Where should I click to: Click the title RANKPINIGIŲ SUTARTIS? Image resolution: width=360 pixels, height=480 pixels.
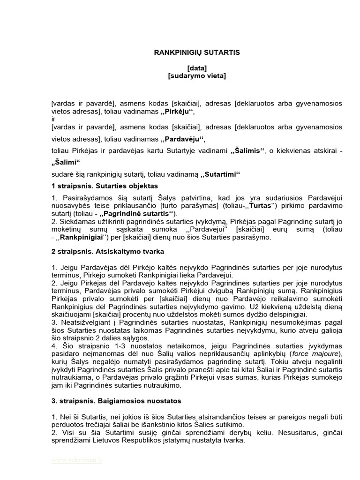tap(197, 52)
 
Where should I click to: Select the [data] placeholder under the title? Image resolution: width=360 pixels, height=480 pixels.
tap(197, 68)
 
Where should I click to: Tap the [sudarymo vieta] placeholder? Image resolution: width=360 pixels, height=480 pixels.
tap(197, 75)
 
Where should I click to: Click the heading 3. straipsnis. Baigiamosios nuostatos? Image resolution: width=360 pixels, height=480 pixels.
tap(113, 401)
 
